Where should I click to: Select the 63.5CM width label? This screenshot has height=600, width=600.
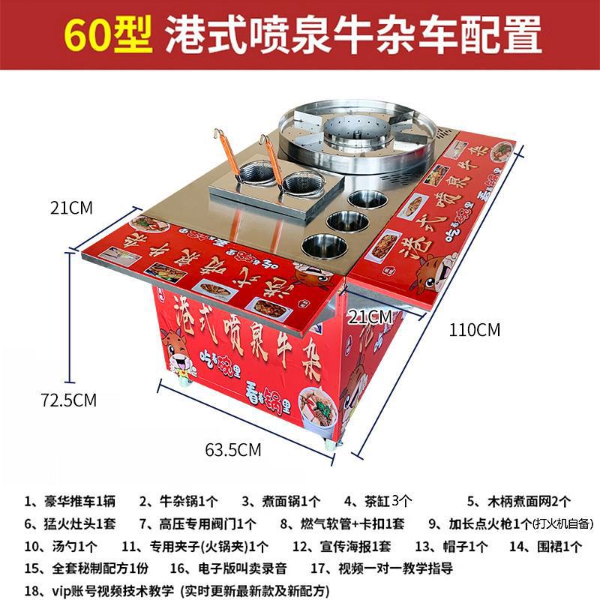pos(232,450)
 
